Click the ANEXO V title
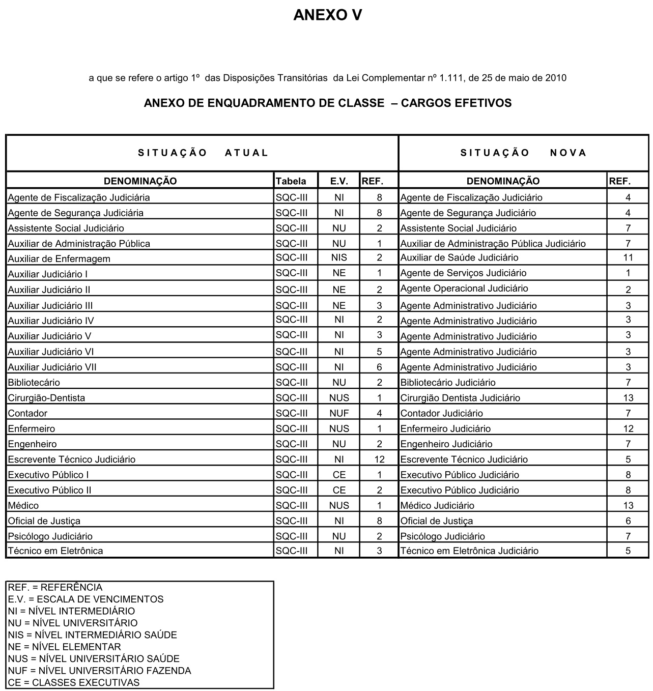tap(327, 15)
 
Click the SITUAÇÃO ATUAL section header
tap(203, 153)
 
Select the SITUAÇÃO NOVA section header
tap(523, 153)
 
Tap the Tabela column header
tap(291, 181)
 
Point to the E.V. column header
tap(339, 181)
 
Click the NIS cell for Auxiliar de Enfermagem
tap(339, 257)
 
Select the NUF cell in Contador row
tap(339, 413)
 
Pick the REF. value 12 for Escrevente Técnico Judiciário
tap(379, 459)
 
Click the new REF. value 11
tap(628, 257)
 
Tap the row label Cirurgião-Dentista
tap(46, 398)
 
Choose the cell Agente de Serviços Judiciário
tap(463, 273)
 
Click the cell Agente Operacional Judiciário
tap(464, 289)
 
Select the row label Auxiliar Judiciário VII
tap(52, 367)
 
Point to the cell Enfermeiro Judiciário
tap(445, 429)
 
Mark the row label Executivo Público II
tap(49, 491)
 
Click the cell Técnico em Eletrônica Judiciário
tap(469, 551)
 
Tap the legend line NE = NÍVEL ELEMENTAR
tap(65, 647)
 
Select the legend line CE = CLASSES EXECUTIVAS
tap(74, 683)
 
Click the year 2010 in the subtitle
tap(556, 78)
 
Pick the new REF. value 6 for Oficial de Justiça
tap(628, 521)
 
